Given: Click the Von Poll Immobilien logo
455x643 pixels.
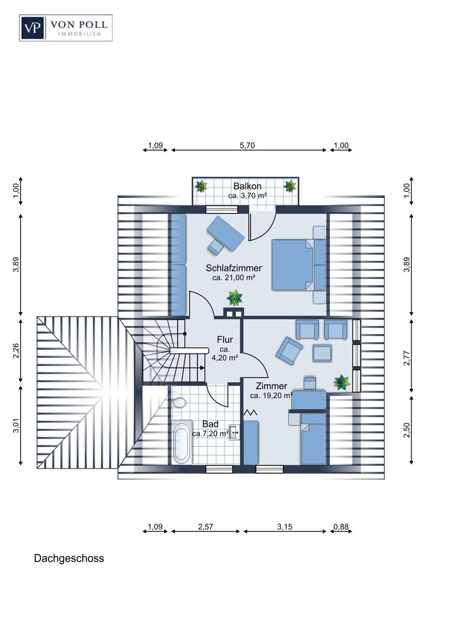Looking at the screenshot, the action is (x=66, y=28).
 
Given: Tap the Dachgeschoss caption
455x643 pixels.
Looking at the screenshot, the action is (x=69, y=558).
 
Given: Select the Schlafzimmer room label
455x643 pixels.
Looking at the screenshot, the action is (x=234, y=268).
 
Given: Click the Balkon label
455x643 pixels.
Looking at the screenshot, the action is (x=247, y=186).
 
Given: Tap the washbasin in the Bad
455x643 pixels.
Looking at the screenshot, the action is (x=234, y=432).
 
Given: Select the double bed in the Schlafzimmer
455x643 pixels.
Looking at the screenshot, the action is (x=299, y=264).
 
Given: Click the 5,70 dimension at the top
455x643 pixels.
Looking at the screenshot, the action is (x=247, y=146).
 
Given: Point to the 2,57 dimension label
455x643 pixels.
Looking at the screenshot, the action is (x=206, y=527).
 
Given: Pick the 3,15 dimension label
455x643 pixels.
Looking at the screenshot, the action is (x=285, y=527).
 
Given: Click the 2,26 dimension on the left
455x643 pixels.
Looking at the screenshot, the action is (x=16, y=351).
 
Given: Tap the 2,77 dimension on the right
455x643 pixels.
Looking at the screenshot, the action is (x=407, y=358).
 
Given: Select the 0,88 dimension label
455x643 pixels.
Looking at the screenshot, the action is (x=341, y=527).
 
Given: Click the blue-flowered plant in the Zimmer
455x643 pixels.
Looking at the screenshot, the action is (x=342, y=382).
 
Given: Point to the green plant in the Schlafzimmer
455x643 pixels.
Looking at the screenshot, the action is (x=234, y=297).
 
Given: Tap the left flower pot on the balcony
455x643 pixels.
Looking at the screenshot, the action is (x=201, y=186).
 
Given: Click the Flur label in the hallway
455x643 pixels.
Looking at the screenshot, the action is (x=225, y=340).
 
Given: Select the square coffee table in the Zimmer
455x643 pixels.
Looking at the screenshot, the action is (x=322, y=353).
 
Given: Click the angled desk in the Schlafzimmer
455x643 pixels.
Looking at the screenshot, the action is (x=226, y=233).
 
